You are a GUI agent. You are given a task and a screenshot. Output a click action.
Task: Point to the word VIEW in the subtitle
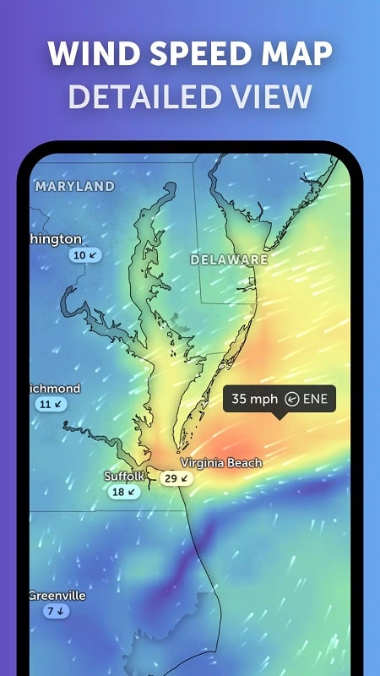coord(271,96)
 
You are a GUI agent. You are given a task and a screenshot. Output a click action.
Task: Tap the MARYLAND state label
coord(75,186)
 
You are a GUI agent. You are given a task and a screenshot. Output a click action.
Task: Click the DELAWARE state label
coord(229,259)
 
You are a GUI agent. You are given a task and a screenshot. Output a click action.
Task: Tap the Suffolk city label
coord(124,477)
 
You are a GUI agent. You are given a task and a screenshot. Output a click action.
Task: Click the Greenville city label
coord(58,596)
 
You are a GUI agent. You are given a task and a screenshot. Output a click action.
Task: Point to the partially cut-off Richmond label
coord(56,389)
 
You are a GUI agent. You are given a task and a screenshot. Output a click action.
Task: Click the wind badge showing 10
coord(84,254)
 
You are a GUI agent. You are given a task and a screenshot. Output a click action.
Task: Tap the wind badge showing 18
coord(124,492)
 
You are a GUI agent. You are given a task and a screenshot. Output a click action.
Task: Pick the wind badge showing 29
coord(176,478)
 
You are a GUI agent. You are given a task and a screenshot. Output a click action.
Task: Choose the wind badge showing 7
coord(56,611)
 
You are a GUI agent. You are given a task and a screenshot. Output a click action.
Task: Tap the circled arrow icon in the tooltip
coord(292,399)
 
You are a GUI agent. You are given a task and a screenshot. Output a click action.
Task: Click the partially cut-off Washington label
coord(57,239)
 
